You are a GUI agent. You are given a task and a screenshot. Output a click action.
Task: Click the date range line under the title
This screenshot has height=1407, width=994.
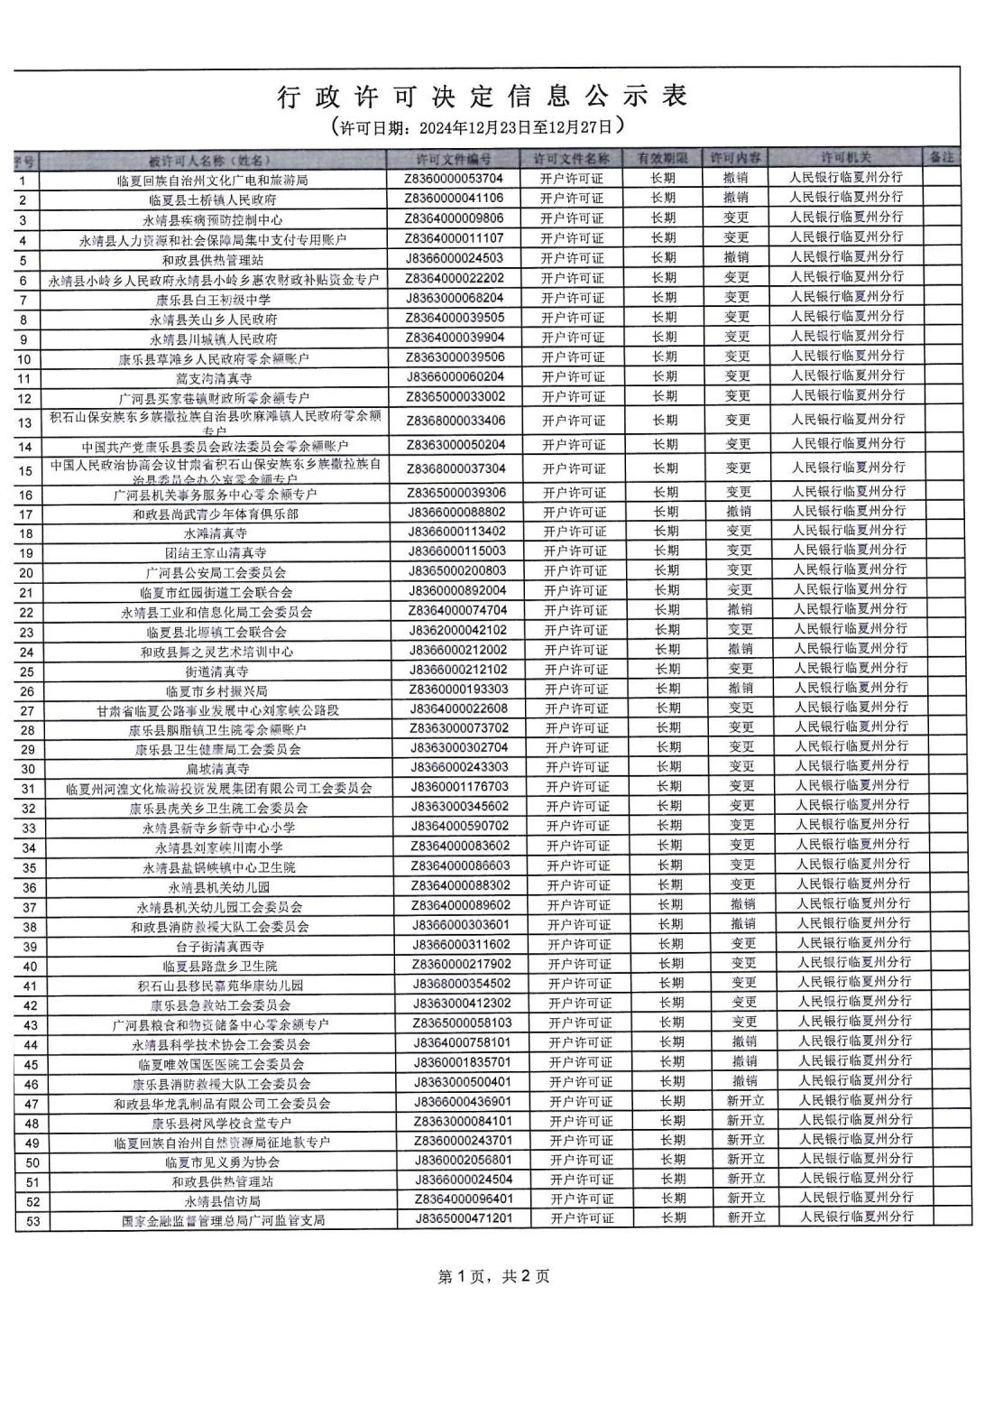coord(478,125)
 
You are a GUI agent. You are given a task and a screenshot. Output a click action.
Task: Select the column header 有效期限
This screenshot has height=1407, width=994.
coord(663,158)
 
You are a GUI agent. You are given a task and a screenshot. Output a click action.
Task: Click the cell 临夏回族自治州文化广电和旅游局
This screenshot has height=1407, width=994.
coord(213,180)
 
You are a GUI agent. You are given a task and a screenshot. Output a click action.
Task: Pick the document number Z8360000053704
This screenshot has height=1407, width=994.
coord(455,178)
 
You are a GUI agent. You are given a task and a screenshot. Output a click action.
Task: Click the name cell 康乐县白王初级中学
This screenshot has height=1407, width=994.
coord(213,299)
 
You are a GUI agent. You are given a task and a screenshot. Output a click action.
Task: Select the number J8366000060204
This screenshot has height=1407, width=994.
coord(456,375)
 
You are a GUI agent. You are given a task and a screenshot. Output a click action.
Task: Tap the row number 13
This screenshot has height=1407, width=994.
coord(25,422)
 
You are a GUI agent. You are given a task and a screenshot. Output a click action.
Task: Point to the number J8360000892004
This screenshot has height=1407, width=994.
coord(458,590)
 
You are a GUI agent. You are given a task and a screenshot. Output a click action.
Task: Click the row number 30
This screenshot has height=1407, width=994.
coord(28,769)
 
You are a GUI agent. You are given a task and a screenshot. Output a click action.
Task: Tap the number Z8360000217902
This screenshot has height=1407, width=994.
coord(461,963)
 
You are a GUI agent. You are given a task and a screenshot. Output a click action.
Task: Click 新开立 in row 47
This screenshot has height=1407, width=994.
coord(745,1100)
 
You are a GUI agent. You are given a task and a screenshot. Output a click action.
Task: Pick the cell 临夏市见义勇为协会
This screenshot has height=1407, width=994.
coord(221,1162)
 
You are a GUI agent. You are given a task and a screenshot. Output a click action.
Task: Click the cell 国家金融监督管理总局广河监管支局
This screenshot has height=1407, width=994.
coord(223,1220)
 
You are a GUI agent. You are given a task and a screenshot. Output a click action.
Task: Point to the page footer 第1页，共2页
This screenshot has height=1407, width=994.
coord(492,1276)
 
